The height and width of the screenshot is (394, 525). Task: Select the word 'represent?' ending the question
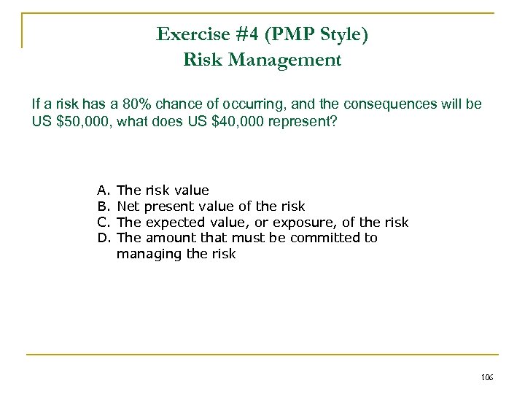click(306, 122)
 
